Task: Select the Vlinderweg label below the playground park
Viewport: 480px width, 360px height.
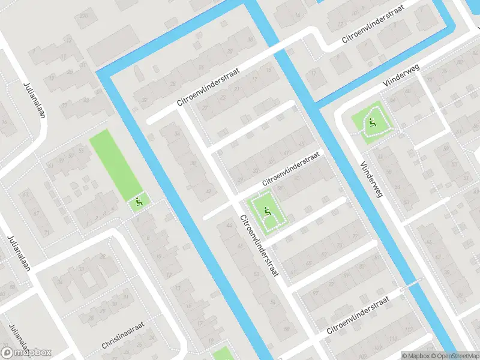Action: click(371, 179)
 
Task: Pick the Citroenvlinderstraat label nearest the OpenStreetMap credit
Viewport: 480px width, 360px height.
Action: click(362, 314)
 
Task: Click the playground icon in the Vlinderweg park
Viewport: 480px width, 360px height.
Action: click(373, 123)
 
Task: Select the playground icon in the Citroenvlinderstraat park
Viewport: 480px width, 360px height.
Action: click(266, 210)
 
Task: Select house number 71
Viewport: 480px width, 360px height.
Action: click(47, 232)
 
